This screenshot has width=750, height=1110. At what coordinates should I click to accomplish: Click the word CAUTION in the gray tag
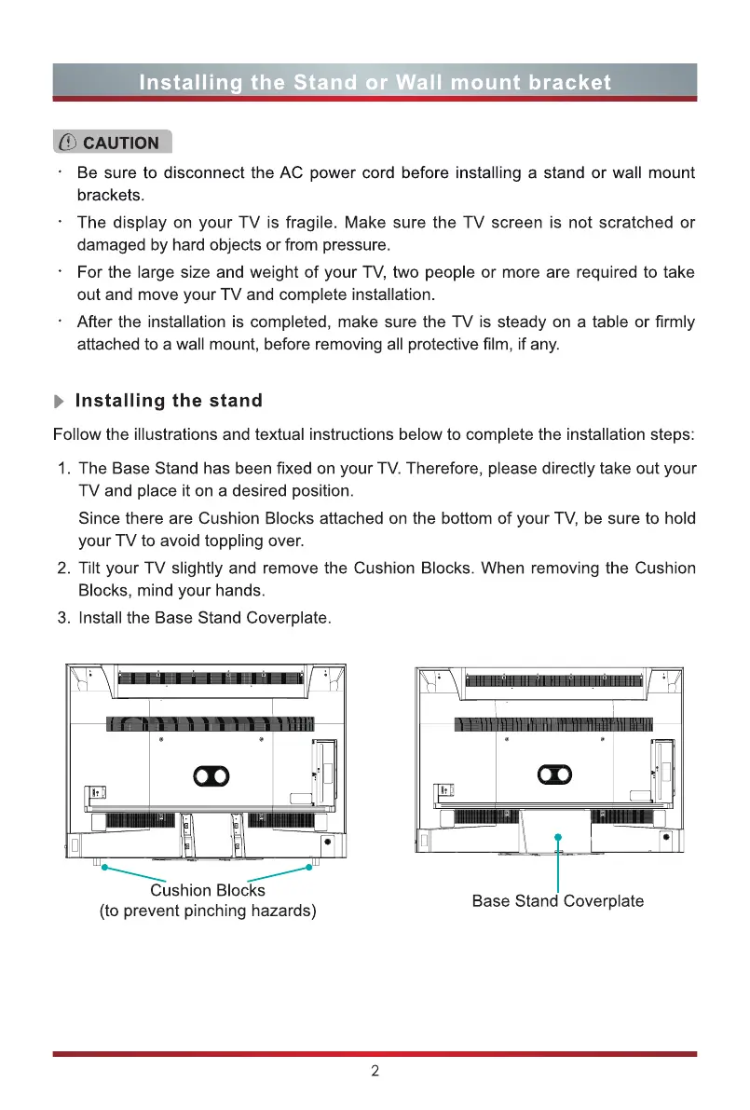[x=121, y=143]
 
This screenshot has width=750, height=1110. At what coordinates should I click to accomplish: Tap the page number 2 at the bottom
[x=375, y=1071]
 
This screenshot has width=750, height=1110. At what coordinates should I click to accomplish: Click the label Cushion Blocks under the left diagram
[x=208, y=890]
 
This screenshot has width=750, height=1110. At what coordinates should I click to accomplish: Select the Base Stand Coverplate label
[x=557, y=900]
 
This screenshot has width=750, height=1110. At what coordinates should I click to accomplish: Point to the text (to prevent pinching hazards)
[x=208, y=911]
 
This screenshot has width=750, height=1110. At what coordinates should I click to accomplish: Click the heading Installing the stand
[x=169, y=401]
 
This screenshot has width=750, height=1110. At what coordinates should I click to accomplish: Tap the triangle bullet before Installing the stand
[x=61, y=402]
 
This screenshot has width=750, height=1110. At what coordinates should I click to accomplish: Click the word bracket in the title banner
[x=566, y=82]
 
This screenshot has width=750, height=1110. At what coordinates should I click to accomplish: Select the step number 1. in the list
[x=64, y=468]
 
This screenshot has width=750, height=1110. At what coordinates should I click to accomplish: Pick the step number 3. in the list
[x=64, y=618]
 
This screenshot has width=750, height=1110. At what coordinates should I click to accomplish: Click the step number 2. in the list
[x=64, y=569]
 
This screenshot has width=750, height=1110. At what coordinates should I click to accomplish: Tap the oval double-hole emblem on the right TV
[x=556, y=774]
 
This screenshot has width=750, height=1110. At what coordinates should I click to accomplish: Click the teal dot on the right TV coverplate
[x=557, y=836]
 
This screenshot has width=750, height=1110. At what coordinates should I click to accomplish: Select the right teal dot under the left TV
[x=308, y=868]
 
